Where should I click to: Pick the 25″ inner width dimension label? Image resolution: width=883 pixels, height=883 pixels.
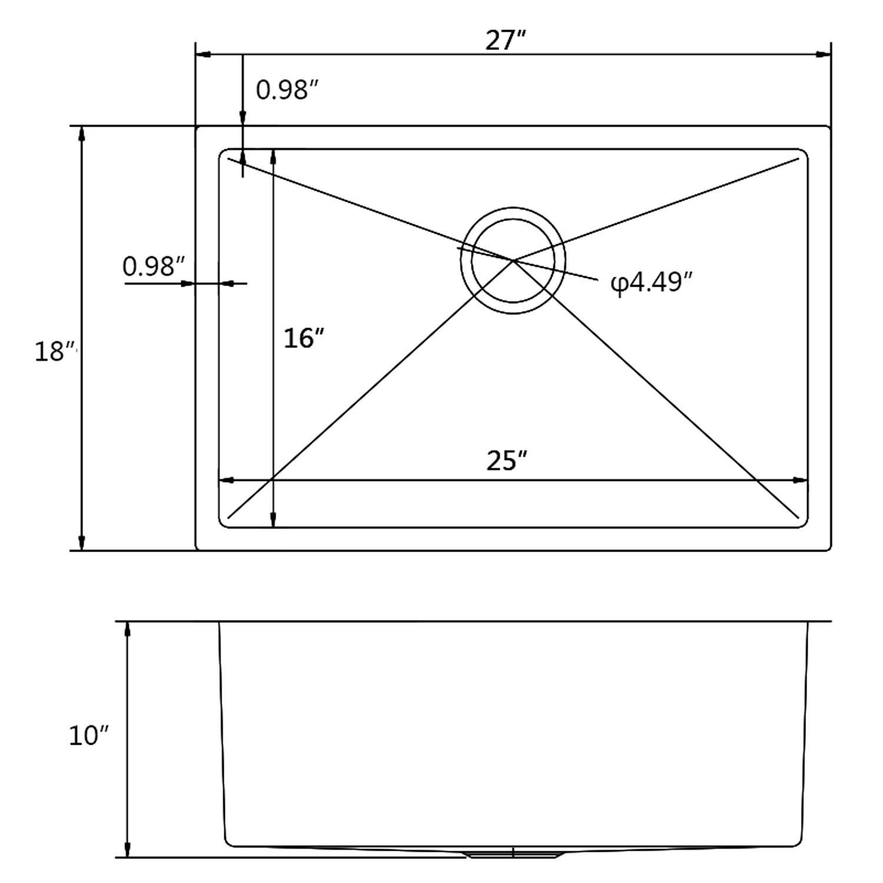(x=506, y=460)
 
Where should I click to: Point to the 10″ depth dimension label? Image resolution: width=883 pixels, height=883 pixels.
(x=89, y=735)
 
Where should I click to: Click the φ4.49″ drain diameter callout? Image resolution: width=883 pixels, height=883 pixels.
(x=651, y=283)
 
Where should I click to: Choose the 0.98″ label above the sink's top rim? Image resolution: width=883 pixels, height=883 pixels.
(x=287, y=90)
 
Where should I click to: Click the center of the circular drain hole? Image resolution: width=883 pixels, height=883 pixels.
(x=513, y=260)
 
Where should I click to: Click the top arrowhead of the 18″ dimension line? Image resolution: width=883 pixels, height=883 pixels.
(x=82, y=133)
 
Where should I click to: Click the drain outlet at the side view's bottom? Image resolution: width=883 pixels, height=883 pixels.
(x=513, y=853)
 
